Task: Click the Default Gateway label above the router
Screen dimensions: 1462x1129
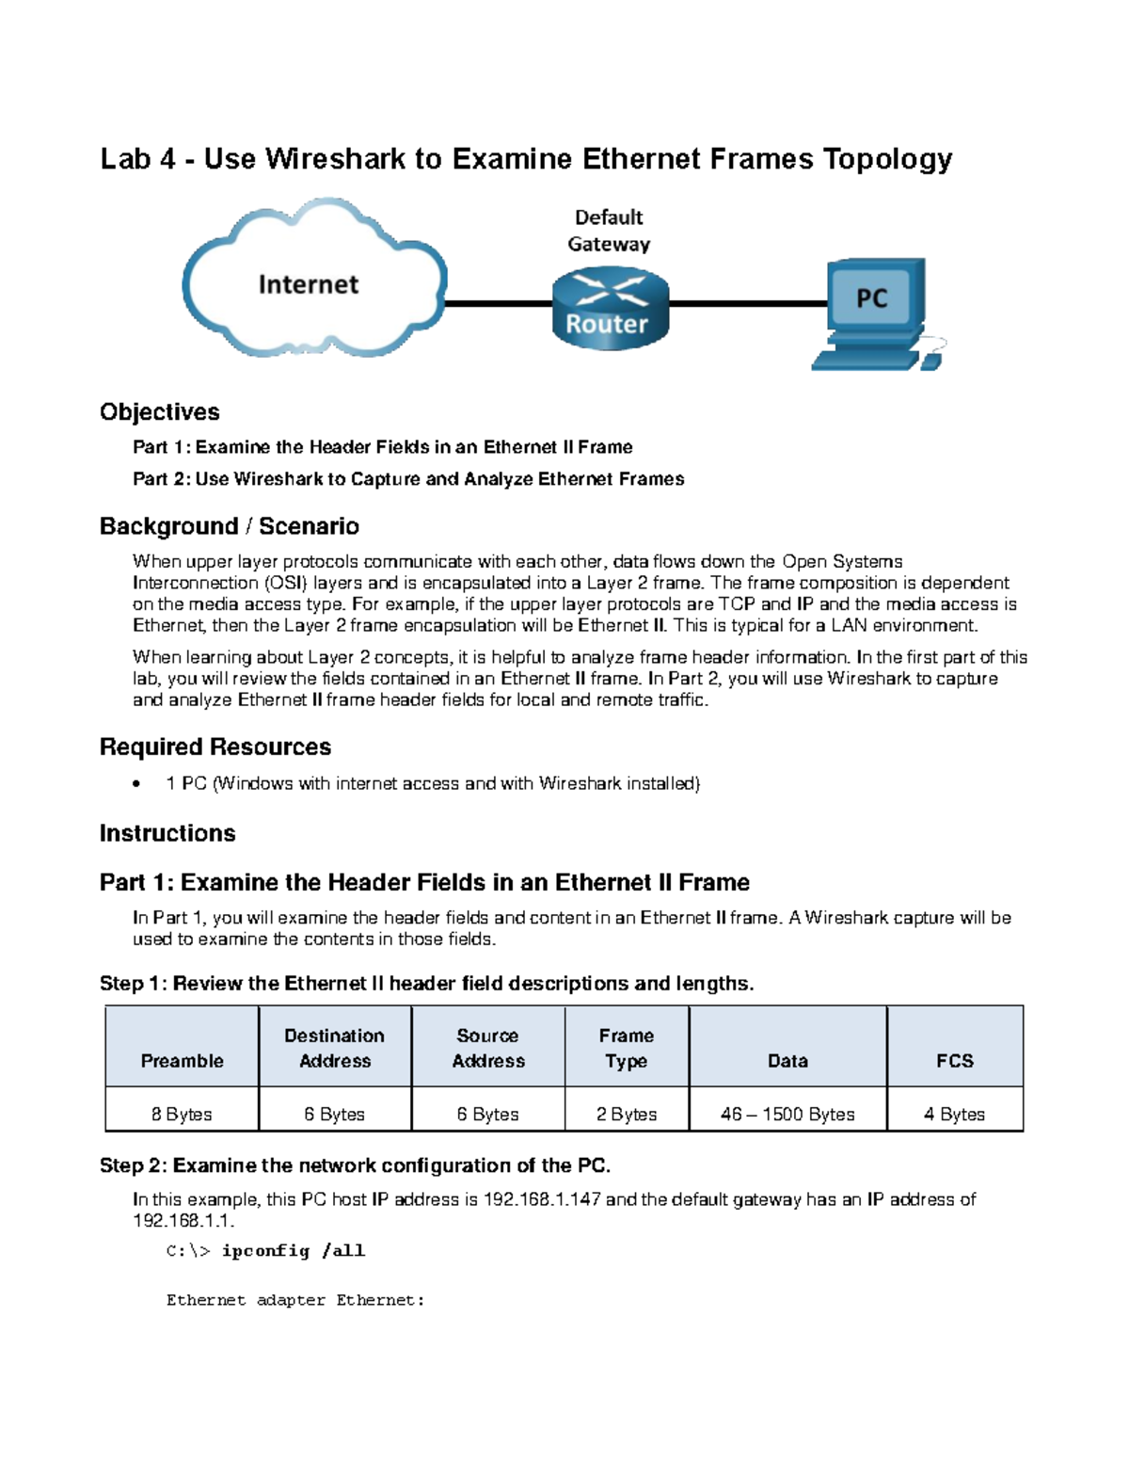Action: [609, 231]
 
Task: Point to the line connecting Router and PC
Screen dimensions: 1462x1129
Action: [748, 304]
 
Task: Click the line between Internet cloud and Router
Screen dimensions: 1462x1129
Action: [499, 304]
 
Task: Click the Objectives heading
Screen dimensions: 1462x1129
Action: [159, 411]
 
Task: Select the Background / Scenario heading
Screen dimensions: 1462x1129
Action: [229, 525]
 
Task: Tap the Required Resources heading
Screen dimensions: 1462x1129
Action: [215, 747]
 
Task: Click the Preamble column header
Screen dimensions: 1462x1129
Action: [182, 1060]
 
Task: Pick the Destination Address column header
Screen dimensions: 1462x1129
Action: [334, 1048]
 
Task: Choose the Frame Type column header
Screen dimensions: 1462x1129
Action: [626, 1048]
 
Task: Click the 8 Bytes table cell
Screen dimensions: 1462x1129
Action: [182, 1114]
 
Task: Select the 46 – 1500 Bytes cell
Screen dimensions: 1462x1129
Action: [787, 1114]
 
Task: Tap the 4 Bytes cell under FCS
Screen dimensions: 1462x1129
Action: [954, 1114]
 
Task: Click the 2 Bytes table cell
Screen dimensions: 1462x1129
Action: [626, 1114]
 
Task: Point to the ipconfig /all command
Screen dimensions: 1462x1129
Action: [293, 1250]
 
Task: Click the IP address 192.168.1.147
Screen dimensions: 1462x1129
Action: [541, 1199]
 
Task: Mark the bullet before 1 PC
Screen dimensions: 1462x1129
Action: [137, 783]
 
